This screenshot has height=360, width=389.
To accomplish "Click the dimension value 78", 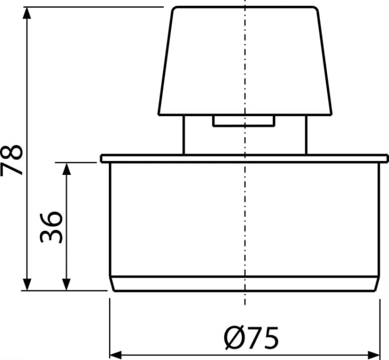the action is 11,160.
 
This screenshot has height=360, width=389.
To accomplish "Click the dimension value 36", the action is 51,227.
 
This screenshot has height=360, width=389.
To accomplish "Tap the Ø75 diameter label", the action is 251,338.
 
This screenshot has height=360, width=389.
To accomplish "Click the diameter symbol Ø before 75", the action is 234,338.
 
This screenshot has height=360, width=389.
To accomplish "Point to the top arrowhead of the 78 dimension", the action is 27,13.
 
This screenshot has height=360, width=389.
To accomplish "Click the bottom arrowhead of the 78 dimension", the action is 27,284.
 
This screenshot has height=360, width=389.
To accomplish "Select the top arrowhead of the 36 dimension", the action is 66,169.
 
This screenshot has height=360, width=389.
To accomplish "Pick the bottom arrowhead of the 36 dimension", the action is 66,284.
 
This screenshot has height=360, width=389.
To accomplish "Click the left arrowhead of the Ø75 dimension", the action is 116,355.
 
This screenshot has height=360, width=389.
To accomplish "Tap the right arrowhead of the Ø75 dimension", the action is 374,355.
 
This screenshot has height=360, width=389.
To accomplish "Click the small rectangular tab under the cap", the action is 244,121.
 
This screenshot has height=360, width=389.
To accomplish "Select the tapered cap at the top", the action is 245,61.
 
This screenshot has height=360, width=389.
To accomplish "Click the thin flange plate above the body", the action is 245,159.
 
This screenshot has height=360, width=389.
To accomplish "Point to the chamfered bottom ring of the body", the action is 245,283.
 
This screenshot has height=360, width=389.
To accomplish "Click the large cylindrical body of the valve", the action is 245,219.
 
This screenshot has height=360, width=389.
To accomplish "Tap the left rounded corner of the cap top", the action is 174,9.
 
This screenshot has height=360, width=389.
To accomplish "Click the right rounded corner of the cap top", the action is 315,9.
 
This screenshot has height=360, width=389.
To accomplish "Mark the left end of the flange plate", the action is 101,159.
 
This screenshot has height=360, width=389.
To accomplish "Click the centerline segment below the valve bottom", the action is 245,298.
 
